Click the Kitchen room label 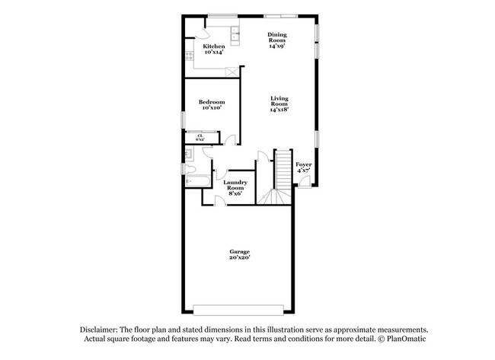click(x=213, y=47)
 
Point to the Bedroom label click(x=212, y=102)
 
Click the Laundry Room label click(x=235, y=185)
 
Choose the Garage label click(x=240, y=251)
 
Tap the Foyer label click(x=303, y=164)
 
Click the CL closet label click(x=200, y=136)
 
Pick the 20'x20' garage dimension click(x=240, y=258)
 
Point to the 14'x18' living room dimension click(x=279, y=110)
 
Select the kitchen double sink click(x=235, y=34)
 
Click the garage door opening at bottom click(x=241, y=308)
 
